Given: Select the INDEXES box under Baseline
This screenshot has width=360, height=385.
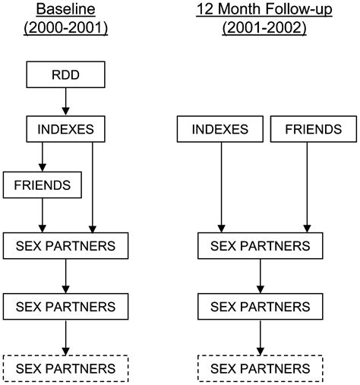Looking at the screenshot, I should coord(67,128).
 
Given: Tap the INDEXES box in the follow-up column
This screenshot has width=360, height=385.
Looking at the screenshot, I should coord(221,128).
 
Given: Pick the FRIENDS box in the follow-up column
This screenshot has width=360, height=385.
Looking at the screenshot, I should coord(308,128).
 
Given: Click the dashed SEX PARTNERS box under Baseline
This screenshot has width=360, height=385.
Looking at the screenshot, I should coord(67,369).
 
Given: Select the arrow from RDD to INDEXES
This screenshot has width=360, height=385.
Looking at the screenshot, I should coord(67,101).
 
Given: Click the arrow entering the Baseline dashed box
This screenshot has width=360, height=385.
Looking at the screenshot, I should coord(67,337).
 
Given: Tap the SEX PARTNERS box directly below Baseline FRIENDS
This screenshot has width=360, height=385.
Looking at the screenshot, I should coord(67,245).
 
